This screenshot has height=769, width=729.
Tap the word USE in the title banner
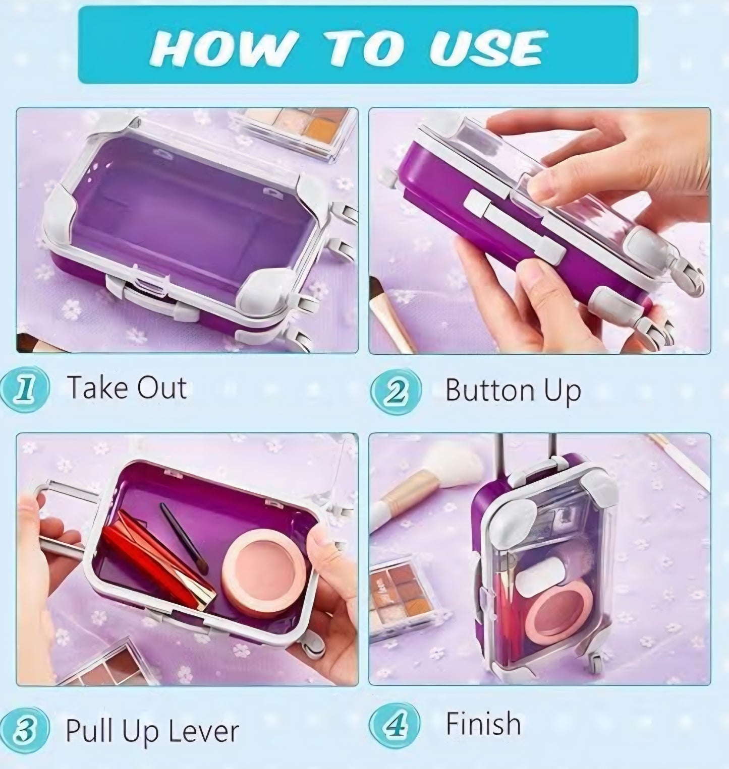(x=485, y=48)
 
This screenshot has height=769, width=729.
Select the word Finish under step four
(x=483, y=724)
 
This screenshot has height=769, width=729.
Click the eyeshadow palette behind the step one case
(x=298, y=131)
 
